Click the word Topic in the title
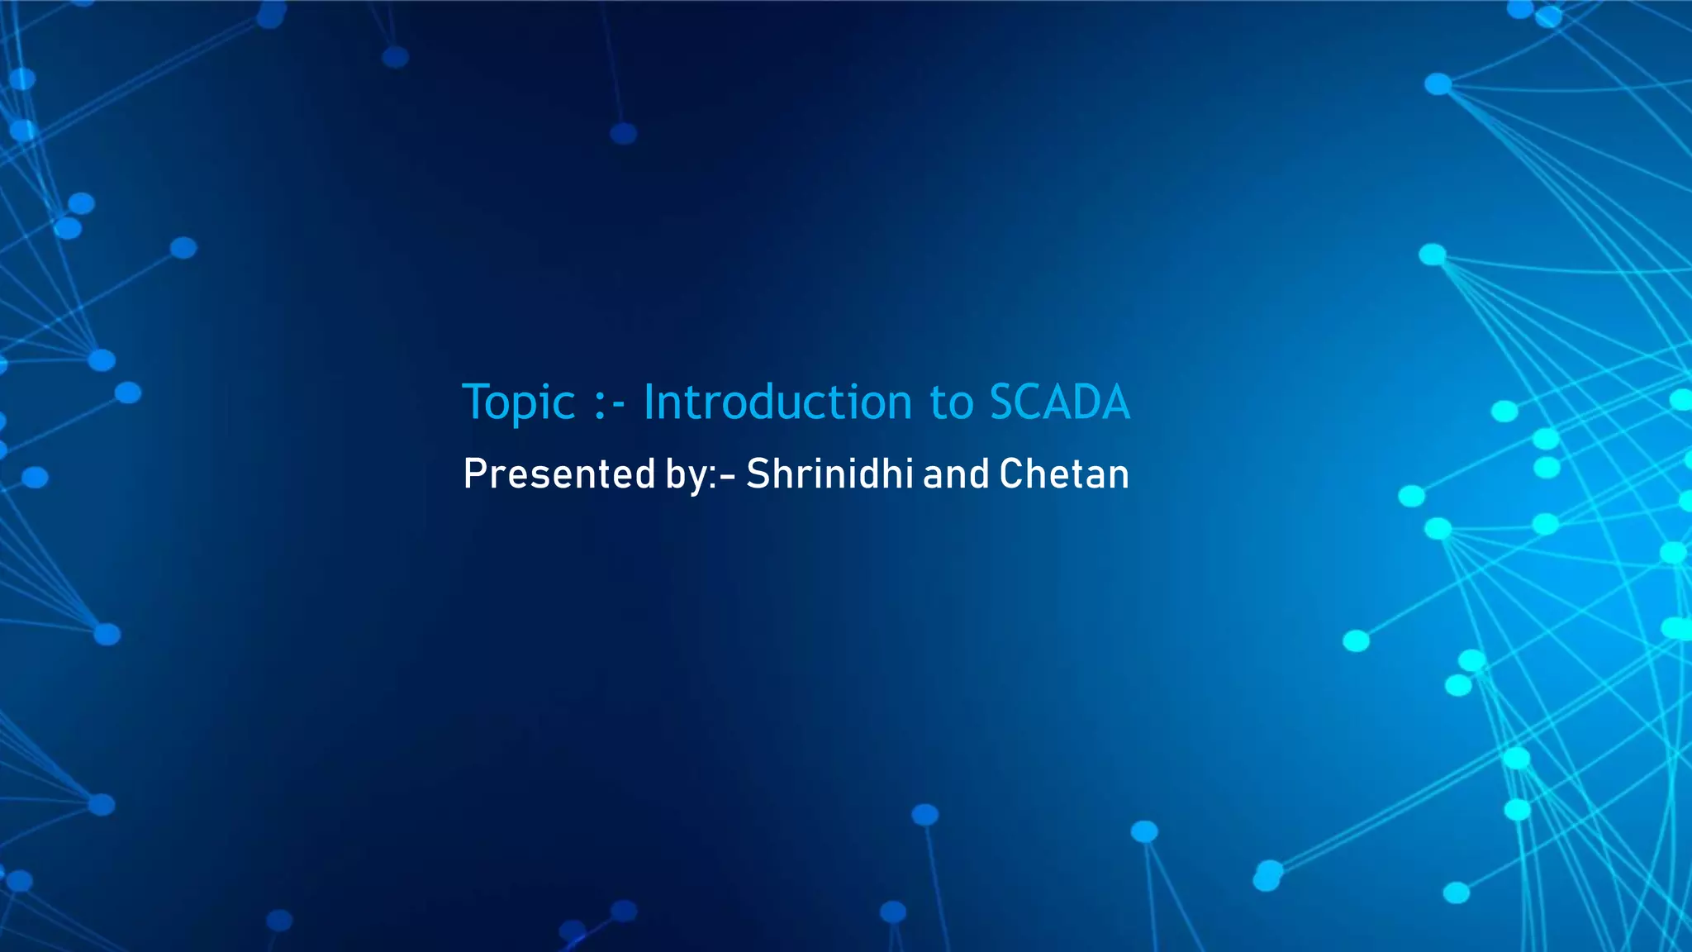coord(518,403)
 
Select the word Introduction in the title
coord(777,402)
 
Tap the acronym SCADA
coord(1059,402)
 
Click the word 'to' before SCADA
coord(952,404)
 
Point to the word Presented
coord(559,474)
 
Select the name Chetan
coord(1063,474)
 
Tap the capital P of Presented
coord(473,474)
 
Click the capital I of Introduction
coord(649,402)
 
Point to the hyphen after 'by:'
coord(727,477)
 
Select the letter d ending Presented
coord(647,474)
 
